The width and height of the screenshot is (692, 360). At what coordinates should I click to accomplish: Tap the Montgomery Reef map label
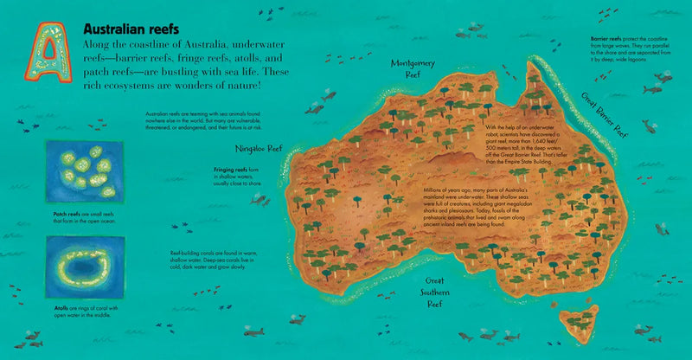412,68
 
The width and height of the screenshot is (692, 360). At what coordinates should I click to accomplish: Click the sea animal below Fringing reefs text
258,200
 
